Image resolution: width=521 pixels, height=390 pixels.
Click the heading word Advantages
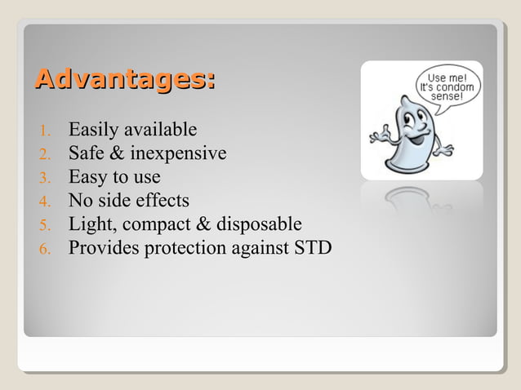click(124, 79)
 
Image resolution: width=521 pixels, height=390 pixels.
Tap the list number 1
click(45, 131)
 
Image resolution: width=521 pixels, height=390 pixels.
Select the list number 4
click(45, 202)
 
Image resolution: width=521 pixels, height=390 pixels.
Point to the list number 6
click(45, 249)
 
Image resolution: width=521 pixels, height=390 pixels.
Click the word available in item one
click(159, 130)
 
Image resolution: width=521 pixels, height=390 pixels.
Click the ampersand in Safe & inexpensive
click(114, 153)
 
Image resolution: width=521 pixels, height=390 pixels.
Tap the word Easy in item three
click(88, 177)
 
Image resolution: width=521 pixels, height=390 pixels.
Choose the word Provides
click(104, 248)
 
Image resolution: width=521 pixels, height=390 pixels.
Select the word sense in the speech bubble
click(450, 97)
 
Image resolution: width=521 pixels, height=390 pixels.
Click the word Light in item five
click(89, 224)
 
